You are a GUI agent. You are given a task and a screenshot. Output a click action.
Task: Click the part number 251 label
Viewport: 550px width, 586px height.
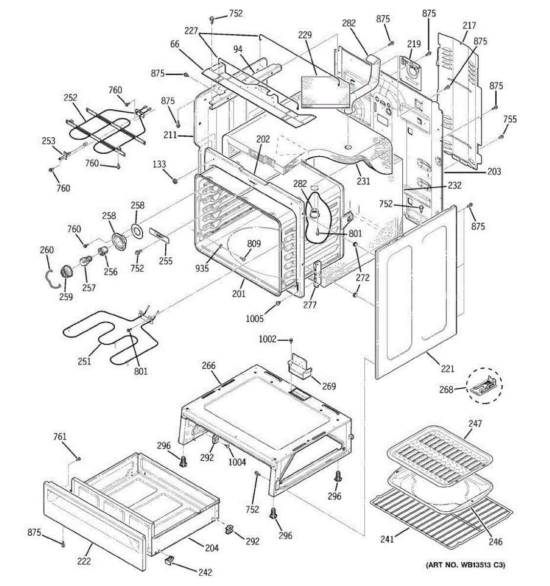tap(84, 361)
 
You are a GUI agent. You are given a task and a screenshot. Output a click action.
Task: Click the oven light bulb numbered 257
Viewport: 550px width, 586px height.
tap(86, 261)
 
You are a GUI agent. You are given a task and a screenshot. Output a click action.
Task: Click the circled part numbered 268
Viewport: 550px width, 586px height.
tap(484, 386)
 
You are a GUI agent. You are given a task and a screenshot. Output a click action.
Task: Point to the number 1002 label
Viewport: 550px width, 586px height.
tap(267, 339)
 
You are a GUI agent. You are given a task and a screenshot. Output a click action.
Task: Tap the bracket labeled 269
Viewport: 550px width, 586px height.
tap(299, 366)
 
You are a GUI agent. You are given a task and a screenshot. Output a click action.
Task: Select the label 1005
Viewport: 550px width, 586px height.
tap(254, 318)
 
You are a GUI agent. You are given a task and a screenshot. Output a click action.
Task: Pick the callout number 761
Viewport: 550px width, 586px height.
tap(60, 436)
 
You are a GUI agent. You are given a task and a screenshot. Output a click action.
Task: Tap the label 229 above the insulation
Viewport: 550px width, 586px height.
tap(305, 35)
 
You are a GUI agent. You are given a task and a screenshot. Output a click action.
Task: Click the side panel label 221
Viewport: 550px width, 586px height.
tap(447, 369)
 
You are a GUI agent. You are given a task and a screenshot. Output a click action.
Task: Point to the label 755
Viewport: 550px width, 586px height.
tap(510, 119)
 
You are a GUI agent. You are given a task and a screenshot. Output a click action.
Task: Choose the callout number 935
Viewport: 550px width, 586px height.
tap(202, 268)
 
